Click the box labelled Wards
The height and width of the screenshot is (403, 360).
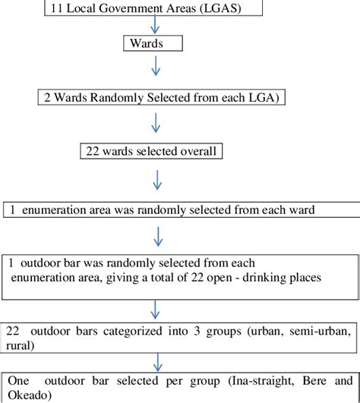(153, 43)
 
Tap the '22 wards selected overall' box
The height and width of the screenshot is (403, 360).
(152, 151)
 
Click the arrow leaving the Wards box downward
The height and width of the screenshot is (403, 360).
(155, 67)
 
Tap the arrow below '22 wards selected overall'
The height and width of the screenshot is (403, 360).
(156, 179)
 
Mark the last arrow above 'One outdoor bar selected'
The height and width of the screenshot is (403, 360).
(156, 359)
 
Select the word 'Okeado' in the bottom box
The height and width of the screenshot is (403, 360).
(27, 395)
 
